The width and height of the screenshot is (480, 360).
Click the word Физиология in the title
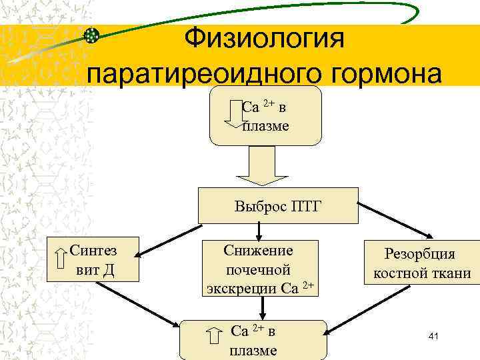pyautogui.click(x=266, y=38)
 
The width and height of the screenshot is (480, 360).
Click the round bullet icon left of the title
pyautogui.click(x=92, y=35)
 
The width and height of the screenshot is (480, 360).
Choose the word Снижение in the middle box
pyautogui.click(x=258, y=251)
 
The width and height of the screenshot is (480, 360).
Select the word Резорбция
pyautogui.click(x=419, y=254)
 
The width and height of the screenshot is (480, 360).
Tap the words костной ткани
pyautogui.click(x=422, y=273)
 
